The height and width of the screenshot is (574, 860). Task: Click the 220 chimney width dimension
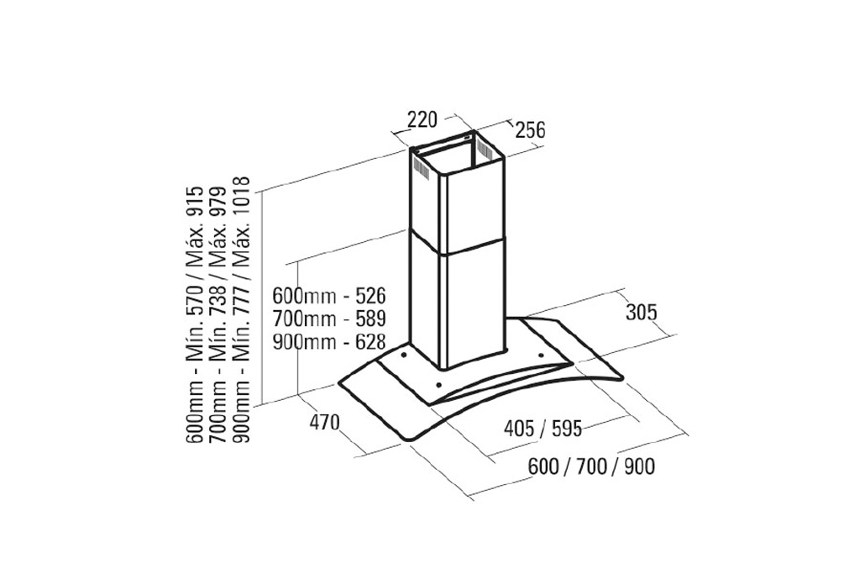pos(422,118)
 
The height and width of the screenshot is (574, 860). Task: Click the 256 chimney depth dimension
pos(531,130)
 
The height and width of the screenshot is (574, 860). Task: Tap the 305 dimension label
pos(641,313)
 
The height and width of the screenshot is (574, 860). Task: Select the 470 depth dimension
pos(325,423)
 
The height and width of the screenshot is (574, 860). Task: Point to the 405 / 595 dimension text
pos(543,428)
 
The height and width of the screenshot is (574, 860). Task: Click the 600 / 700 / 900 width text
pos(591,466)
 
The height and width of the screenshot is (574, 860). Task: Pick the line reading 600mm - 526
pos(329,296)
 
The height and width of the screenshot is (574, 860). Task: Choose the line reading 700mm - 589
pos(329,319)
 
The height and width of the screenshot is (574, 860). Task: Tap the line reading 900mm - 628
pos(329,342)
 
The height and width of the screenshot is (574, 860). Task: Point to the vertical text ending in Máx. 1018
pos(241,309)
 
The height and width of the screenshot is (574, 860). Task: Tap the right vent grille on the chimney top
pos(484,150)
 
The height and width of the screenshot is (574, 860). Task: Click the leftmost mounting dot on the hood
pos(404,355)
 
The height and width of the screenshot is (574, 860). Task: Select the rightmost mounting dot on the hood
pos(541,355)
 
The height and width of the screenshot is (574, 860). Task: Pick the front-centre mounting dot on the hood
pos(438,384)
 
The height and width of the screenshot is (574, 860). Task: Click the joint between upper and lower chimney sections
pos(458,245)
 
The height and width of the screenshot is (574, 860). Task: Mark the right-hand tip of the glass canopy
pos(623,377)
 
